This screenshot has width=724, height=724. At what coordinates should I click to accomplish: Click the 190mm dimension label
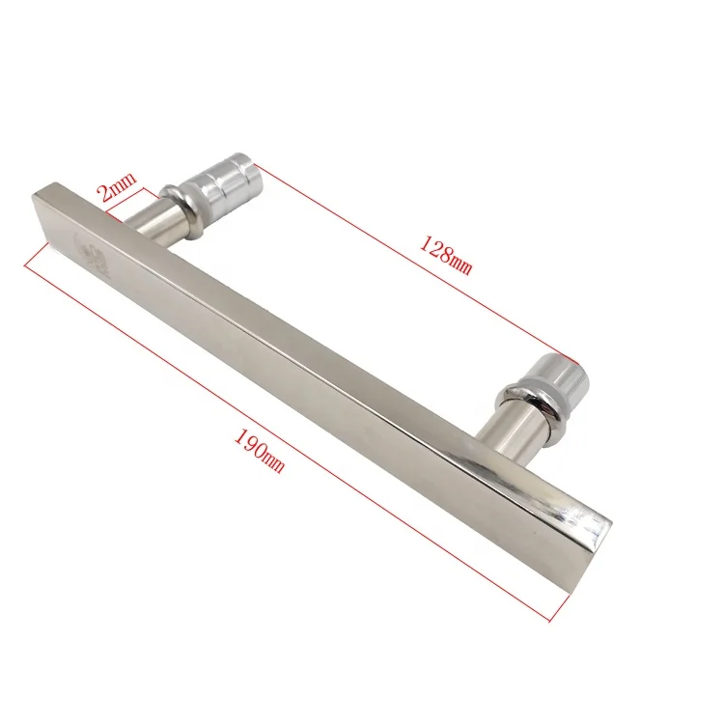pos(258,447)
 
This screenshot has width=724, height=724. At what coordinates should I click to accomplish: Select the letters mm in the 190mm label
pos(274,462)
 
